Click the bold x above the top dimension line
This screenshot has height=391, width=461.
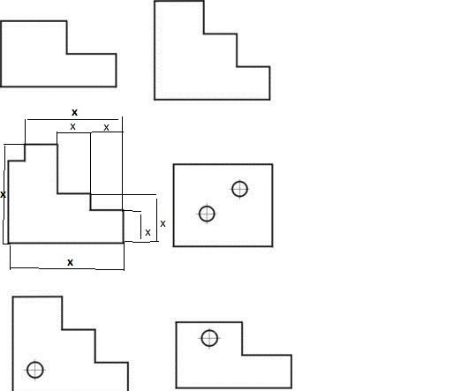point(75,112)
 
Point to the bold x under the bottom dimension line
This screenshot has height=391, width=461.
point(70,262)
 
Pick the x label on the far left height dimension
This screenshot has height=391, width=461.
point(3,194)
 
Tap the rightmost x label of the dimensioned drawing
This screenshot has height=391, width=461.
point(162,224)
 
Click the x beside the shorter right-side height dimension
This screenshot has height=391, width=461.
point(147,233)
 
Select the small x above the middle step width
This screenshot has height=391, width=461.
point(72,127)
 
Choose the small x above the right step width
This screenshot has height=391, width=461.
point(106,127)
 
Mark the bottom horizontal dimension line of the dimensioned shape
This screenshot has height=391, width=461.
point(67,268)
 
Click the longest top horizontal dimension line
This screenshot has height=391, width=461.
point(72,120)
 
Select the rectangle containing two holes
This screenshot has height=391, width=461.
point(173,205)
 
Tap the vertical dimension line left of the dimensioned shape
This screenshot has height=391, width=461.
point(4,194)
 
